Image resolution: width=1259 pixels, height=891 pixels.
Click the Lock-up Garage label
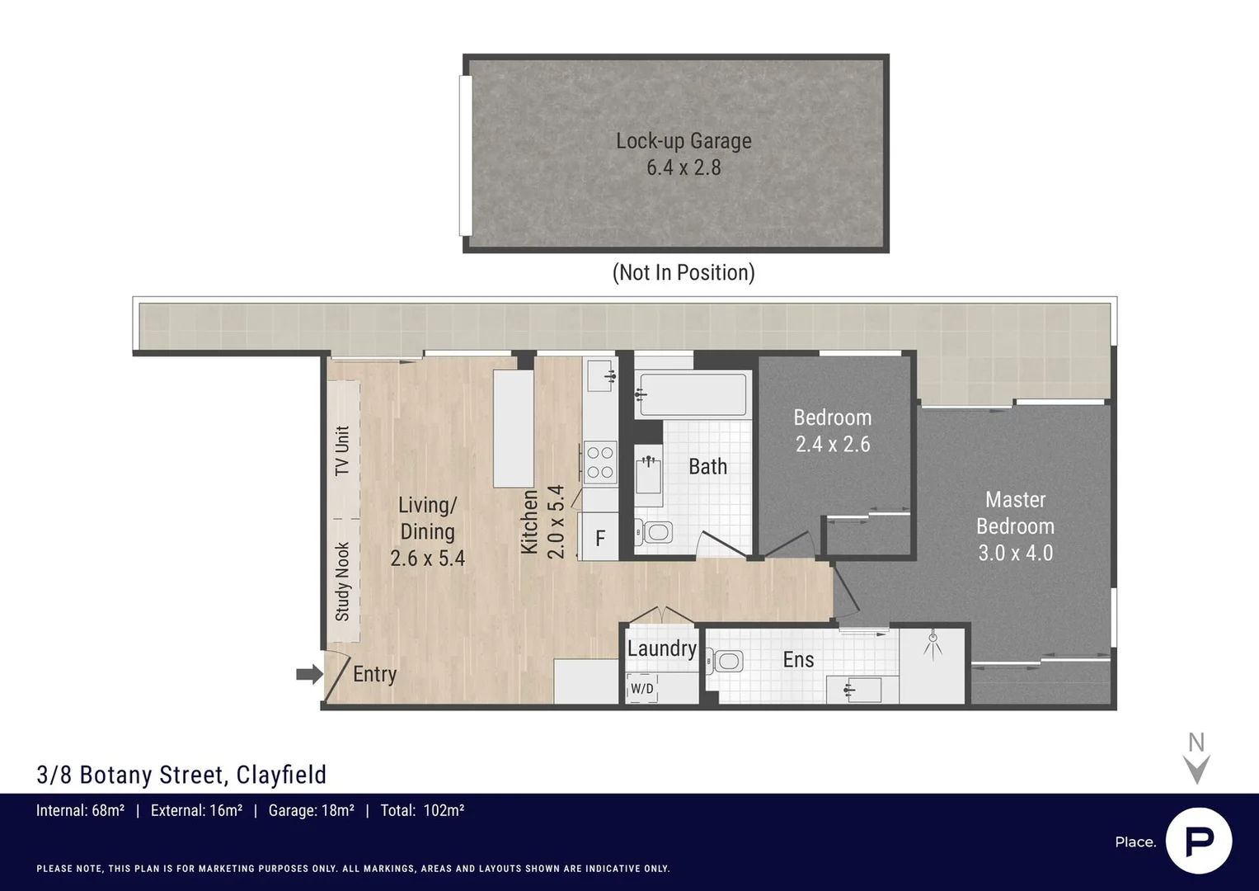pyautogui.click(x=684, y=141)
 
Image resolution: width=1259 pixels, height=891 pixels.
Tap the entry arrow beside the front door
pyautogui.click(x=309, y=675)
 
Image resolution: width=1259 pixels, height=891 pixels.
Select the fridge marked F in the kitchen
pyautogui.click(x=599, y=539)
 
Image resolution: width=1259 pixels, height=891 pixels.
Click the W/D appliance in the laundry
pyautogui.click(x=642, y=688)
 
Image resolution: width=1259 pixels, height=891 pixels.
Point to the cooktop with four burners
pyautogui.click(x=599, y=463)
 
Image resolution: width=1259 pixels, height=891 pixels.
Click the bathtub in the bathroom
pyautogui.click(x=693, y=395)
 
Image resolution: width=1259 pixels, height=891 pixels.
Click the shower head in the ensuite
pyautogui.click(x=933, y=641)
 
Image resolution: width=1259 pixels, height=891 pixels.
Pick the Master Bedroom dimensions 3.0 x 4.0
pyautogui.click(x=1015, y=553)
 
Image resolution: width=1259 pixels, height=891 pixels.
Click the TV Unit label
pyautogui.click(x=342, y=450)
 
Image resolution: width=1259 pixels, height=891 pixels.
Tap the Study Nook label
pyautogui.click(x=342, y=582)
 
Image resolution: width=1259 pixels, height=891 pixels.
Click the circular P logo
pyautogui.click(x=1199, y=841)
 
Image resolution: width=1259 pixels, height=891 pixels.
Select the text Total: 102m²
pyautogui.click(x=422, y=810)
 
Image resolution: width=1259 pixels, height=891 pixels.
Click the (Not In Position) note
pyautogui.click(x=684, y=272)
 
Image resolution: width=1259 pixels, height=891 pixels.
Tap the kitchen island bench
pyautogui.click(x=513, y=429)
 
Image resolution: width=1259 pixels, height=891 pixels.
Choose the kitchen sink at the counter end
pyautogui.click(x=599, y=376)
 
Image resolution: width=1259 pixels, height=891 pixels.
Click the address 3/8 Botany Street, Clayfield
pyautogui.click(x=182, y=775)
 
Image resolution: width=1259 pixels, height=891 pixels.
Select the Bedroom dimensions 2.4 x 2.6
pyautogui.click(x=833, y=445)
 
